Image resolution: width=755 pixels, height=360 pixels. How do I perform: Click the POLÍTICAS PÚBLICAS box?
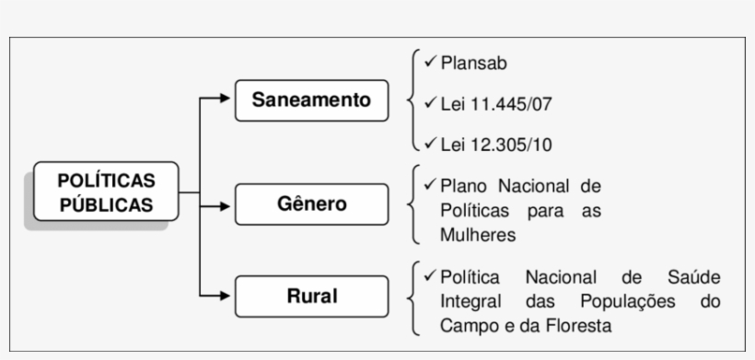tap(106, 192)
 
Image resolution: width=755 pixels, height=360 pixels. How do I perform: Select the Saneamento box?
tap(312, 99)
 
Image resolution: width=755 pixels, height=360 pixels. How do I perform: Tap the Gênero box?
tap(312, 203)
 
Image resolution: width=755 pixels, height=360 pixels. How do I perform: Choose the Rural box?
tap(312, 296)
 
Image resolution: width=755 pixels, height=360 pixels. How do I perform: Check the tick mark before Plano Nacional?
tap(430, 184)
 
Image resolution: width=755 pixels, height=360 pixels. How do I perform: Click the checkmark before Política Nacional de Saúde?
tap(430, 275)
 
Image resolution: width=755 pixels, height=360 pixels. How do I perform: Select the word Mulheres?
tap(478, 235)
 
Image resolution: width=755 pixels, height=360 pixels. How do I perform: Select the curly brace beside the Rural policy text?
tap(412, 299)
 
